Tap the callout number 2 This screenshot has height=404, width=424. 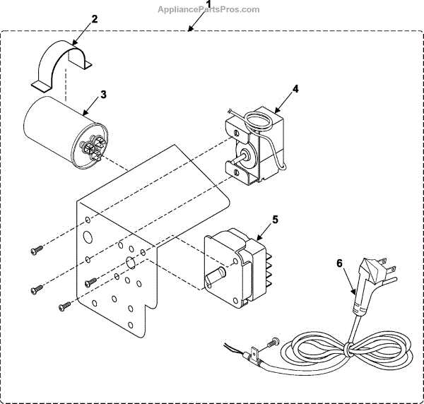tap(94, 18)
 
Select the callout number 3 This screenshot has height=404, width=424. tap(103, 94)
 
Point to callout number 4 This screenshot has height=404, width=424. tap(296, 89)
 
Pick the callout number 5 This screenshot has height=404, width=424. tap(276, 220)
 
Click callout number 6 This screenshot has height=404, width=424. tap(340, 263)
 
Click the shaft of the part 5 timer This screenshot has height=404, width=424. tap(215, 276)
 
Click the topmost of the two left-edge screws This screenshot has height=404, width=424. tap(37, 249)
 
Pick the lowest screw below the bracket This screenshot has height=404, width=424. tap(64, 307)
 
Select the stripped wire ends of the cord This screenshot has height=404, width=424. tap(230, 346)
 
